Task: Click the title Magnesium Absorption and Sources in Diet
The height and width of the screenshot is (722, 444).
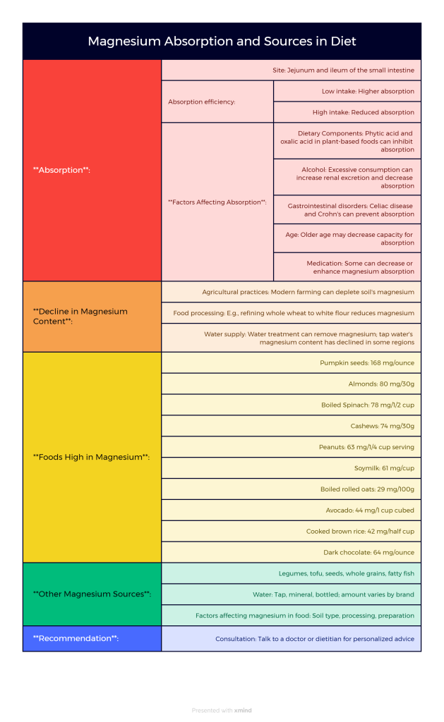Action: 222,42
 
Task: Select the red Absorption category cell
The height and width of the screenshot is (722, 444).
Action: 92,170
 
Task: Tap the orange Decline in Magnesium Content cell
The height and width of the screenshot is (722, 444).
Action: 92,316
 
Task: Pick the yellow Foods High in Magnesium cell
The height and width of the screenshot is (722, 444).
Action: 92,457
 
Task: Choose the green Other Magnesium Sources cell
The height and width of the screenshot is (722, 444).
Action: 92,594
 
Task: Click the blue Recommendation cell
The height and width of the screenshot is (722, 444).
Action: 92,638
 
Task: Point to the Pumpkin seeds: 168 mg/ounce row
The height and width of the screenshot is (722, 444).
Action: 291,362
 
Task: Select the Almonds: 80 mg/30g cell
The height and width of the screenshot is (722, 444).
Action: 291,384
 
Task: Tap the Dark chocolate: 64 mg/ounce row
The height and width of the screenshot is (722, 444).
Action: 291,552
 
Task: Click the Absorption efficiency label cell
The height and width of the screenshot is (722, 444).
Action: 217,102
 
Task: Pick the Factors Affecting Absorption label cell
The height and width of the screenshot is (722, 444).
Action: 217,202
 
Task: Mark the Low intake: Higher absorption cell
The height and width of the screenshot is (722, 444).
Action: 347,91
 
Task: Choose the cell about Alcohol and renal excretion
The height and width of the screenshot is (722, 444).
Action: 347,177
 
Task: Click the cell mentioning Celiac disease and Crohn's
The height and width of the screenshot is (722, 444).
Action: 347,209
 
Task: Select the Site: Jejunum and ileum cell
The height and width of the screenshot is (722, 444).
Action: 291,71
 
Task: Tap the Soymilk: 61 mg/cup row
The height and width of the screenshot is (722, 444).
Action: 291,468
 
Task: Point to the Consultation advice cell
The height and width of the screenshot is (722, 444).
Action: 291,639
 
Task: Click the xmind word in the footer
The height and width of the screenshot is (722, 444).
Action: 243,710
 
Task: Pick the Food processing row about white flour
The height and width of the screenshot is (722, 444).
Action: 291,313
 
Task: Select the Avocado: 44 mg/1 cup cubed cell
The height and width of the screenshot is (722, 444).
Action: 291,510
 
